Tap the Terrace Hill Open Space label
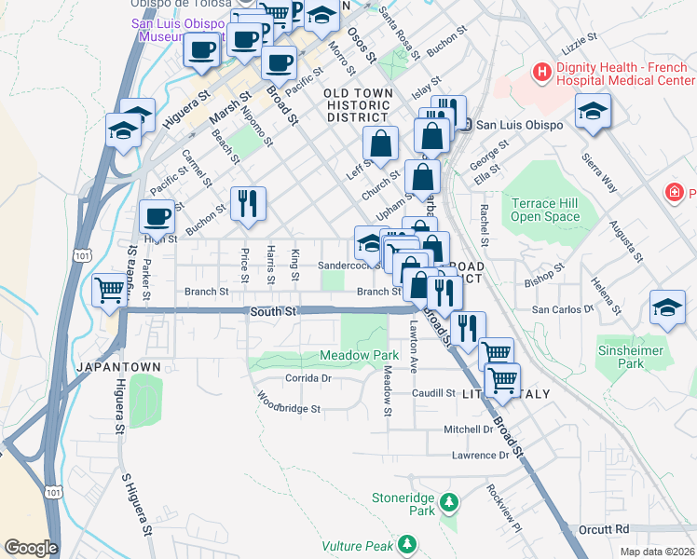coord(545,210)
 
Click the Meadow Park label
coord(359,356)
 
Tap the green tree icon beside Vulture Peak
coord(406,543)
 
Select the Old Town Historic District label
coord(356,106)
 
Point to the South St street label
coord(273,310)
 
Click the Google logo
coord(31,548)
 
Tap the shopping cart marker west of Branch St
coord(110,291)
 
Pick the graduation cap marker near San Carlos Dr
coord(668,309)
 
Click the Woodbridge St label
coord(289,408)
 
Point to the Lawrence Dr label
coord(481,456)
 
